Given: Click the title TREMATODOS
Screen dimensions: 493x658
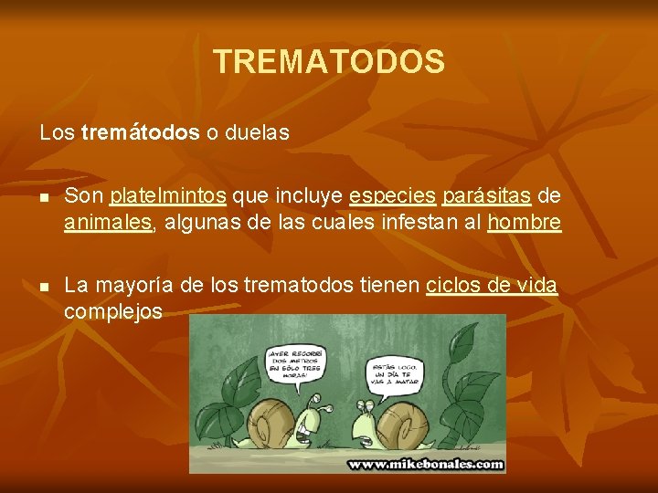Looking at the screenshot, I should (329, 62).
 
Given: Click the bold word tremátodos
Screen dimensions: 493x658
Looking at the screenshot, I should (140, 132).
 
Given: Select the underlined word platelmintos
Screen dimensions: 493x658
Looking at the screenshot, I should (168, 196).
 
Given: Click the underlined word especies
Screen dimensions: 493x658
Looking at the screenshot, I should (392, 196).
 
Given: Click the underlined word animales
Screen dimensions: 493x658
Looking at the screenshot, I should (108, 223).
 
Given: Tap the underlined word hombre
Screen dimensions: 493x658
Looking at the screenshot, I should (525, 223).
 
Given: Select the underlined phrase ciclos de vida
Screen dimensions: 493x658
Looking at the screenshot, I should (492, 286).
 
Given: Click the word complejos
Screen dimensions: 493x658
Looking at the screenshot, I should (113, 312).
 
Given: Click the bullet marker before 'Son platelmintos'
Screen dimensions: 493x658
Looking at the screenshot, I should (44, 197).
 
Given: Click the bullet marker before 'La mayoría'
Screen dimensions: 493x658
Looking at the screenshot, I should (44, 287).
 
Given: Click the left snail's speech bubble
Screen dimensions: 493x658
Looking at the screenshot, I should (295, 362).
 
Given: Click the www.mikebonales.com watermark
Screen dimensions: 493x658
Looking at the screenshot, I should (425, 464).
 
